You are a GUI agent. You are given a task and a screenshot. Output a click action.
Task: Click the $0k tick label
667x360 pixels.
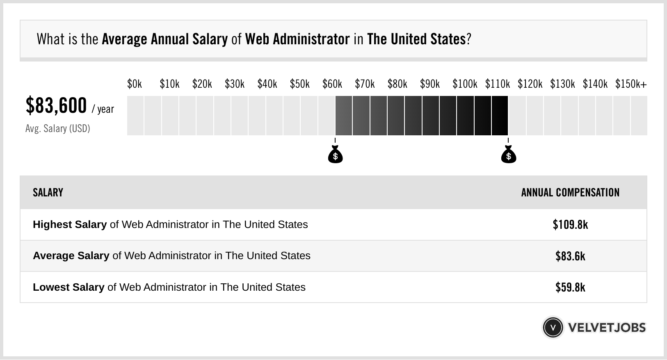pyautogui.click(x=135, y=84)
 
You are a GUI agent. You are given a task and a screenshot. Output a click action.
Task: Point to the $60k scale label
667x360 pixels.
pyautogui.click(x=332, y=84)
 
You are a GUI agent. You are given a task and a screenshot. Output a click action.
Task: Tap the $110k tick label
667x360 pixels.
pyautogui.click(x=497, y=84)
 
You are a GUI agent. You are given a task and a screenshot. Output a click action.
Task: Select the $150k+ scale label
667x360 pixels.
pyautogui.click(x=630, y=84)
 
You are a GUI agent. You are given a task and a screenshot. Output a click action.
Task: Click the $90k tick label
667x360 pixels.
pyautogui.click(x=429, y=84)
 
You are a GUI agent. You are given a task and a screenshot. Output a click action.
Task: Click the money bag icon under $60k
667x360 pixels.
pyautogui.click(x=335, y=155)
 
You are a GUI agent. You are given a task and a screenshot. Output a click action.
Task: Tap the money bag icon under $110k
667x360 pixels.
pyautogui.click(x=509, y=155)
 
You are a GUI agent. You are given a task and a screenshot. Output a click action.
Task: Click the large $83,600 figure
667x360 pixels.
pyautogui.click(x=56, y=106)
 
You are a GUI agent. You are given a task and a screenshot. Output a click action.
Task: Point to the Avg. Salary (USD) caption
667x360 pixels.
pyautogui.click(x=57, y=129)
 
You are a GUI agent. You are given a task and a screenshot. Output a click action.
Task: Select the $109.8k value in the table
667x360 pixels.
pyautogui.click(x=570, y=225)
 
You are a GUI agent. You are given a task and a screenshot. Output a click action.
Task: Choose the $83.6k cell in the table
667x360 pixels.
pyautogui.click(x=570, y=256)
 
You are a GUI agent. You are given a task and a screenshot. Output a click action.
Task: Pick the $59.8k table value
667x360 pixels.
pyautogui.click(x=570, y=287)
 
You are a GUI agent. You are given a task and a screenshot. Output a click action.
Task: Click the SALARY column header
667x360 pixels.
pyautogui.click(x=48, y=193)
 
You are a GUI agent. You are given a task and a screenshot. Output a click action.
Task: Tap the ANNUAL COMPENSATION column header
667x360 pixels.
pyautogui.click(x=570, y=193)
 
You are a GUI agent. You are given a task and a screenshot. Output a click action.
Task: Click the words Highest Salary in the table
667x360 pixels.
pyautogui.click(x=70, y=225)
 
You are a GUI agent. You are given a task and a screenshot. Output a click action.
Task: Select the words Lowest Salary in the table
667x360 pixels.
pyautogui.click(x=69, y=287)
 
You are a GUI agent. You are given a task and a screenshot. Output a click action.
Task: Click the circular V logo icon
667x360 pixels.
pyautogui.click(x=553, y=328)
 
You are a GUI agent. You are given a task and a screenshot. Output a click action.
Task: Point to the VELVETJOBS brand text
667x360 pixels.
pyautogui.click(x=607, y=328)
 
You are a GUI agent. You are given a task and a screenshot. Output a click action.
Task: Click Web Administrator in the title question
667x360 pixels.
pyautogui.click(x=297, y=39)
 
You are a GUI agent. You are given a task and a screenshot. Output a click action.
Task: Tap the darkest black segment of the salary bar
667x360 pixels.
pyautogui.click(x=500, y=116)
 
